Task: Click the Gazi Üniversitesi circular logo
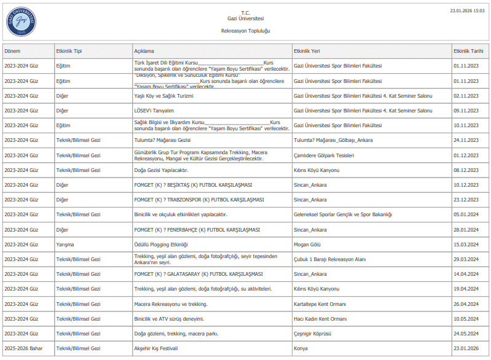point(22,22)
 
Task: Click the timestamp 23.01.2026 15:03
point(467,10)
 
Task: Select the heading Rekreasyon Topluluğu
point(245,30)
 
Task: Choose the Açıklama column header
point(144,51)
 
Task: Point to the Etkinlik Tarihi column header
point(469,51)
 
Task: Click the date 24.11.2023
point(466,140)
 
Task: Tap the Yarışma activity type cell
point(65,245)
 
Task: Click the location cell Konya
point(301,348)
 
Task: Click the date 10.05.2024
point(466,319)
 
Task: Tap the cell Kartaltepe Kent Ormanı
point(320,304)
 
